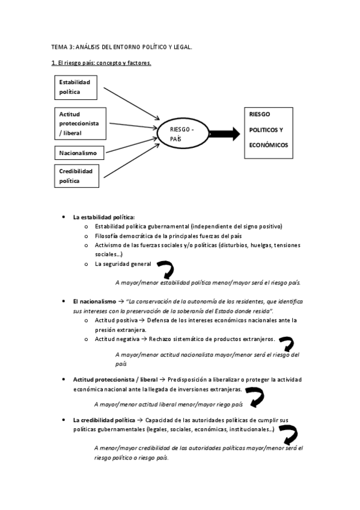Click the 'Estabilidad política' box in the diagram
[76, 87]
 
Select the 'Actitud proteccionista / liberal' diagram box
[79, 123]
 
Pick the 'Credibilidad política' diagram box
[76, 176]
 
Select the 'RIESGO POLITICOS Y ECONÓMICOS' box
[268, 133]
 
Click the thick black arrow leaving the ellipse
[222, 133]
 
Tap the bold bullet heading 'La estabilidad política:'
[104, 217]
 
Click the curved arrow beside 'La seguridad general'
[164, 268]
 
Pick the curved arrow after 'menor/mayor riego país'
[256, 396]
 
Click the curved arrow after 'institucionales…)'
[289, 433]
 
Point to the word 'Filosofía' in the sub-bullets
[107, 236]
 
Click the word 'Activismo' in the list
[109, 245]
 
